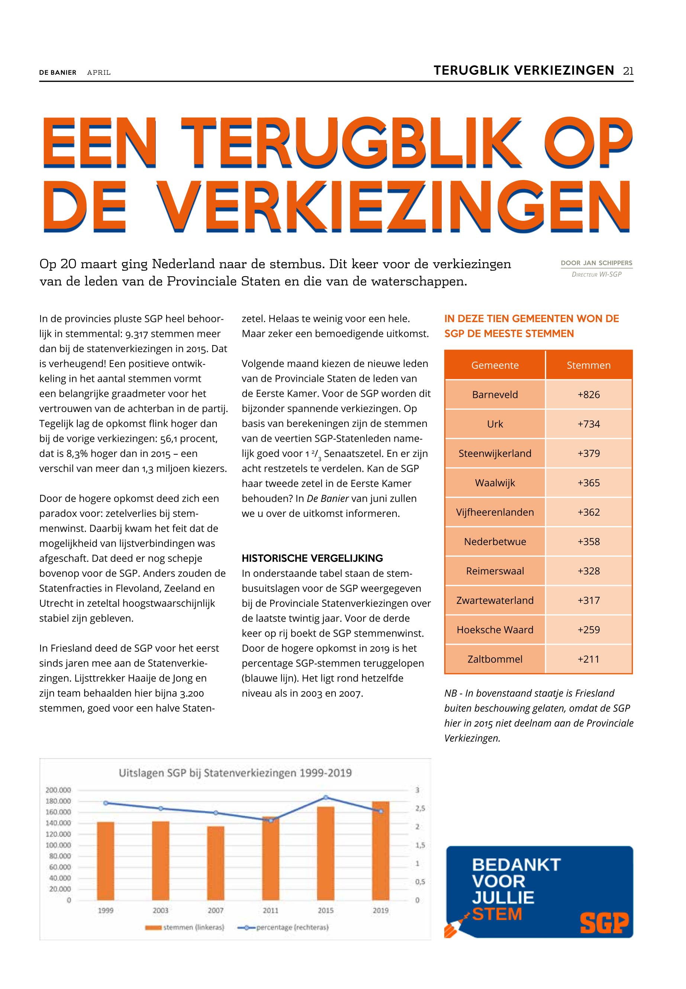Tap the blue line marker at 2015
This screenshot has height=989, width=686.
326,797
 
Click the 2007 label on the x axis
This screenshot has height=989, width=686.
215,910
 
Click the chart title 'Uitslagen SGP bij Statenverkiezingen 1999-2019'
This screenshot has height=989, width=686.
235,773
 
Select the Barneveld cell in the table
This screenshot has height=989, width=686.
495,394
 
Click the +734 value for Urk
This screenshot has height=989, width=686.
589,424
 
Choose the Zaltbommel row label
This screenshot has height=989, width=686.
495,659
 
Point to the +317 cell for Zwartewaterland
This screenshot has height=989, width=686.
589,600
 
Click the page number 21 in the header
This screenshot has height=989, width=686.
628,71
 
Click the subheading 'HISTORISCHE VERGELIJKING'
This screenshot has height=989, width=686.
312,558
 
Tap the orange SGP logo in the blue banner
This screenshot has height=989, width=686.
604,922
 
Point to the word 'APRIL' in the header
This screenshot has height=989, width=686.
99,73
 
